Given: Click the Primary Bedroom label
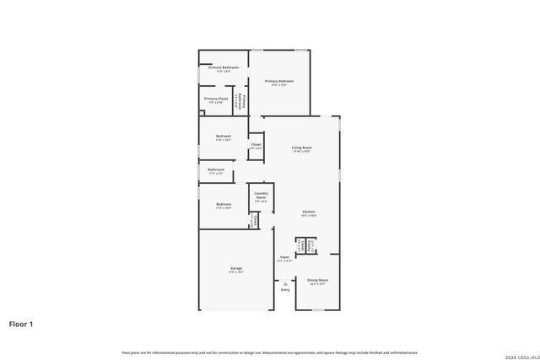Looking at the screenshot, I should [278, 82].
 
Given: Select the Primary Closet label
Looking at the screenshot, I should [216, 99].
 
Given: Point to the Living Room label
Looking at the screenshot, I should [301, 148].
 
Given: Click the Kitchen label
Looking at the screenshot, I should [310, 212].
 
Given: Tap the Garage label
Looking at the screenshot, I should [235, 268].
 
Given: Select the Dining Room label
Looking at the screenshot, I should [317, 280].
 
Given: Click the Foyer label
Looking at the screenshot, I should [285, 257].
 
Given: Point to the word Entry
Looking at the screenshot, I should [284, 291].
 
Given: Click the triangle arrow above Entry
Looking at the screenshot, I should [284, 285].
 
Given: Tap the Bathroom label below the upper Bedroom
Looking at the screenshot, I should [216, 169].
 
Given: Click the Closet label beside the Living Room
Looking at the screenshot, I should [256, 145].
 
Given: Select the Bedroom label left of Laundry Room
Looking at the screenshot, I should [224, 204].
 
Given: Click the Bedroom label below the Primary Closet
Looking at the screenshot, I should [224, 137].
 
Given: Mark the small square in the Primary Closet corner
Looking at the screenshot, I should [202, 112].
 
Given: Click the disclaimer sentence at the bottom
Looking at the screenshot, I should [269, 352].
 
